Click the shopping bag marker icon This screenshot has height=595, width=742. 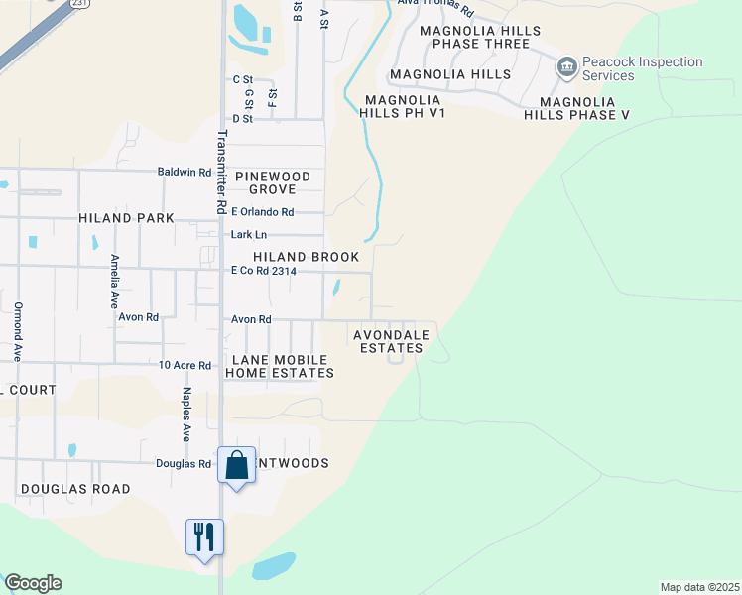pos(237,465)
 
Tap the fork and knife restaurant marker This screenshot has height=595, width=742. pos(204,537)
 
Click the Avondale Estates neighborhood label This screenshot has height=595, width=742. pos(391,341)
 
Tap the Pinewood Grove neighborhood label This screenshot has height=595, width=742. pos(280,182)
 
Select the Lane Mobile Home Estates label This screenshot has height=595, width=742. pos(280,366)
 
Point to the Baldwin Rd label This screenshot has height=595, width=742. pos(185,172)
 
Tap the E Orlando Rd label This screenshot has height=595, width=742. pos(262,212)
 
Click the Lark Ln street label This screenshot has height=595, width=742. pos(249,235)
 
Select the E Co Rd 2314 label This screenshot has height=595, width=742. pos(264,271)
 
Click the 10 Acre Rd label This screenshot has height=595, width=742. pos(185,366)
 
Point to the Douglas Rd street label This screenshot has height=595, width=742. pos(184,463)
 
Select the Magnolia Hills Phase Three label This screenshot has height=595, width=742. pos(480,38)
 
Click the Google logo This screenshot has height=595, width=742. pos(33,583)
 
